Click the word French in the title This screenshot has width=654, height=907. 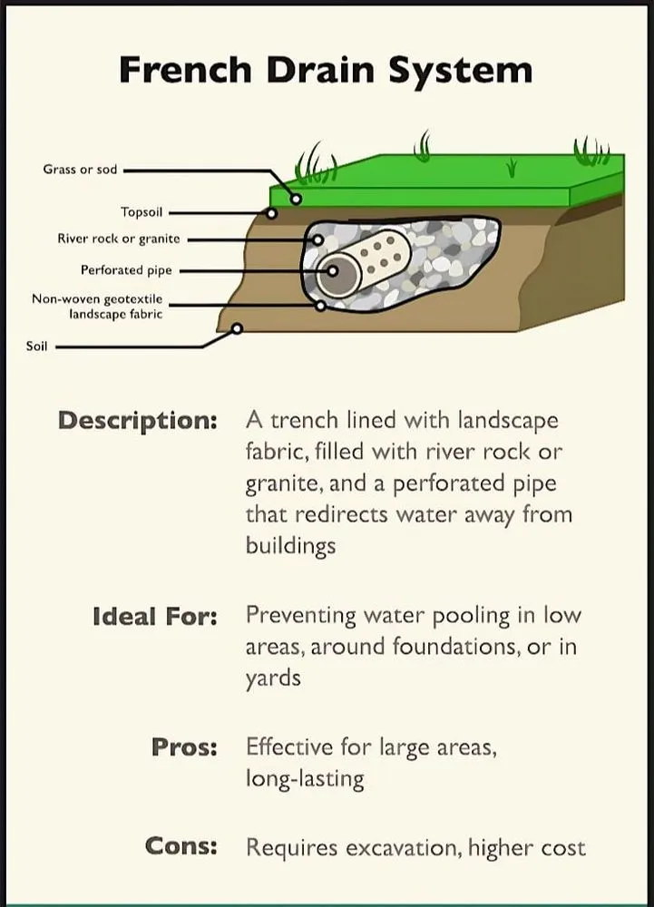click(x=185, y=70)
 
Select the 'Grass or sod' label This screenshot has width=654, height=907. click(x=80, y=170)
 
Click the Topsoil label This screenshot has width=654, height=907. click(x=142, y=212)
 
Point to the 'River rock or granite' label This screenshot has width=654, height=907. click(x=119, y=239)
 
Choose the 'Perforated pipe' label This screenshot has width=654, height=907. click(x=126, y=270)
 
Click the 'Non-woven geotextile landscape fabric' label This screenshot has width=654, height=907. click(x=97, y=307)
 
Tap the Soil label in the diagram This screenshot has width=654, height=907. click(x=36, y=346)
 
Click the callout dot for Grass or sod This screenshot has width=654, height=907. click(x=296, y=199)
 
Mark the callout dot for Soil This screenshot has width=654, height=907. click(x=237, y=328)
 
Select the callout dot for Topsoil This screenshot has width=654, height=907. click(x=271, y=213)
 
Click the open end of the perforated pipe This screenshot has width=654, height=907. click(x=338, y=272)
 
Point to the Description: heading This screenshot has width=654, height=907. click(x=138, y=421)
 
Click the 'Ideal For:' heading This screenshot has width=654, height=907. click(x=155, y=617)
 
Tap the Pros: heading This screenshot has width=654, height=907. click(x=184, y=747)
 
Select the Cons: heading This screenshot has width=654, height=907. click(x=181, y=845)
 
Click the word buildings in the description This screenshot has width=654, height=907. click(x=291, y=545)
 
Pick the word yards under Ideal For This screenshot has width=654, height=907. click(x=273, y=678)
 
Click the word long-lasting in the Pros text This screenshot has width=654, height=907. click(x=305, y=779)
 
